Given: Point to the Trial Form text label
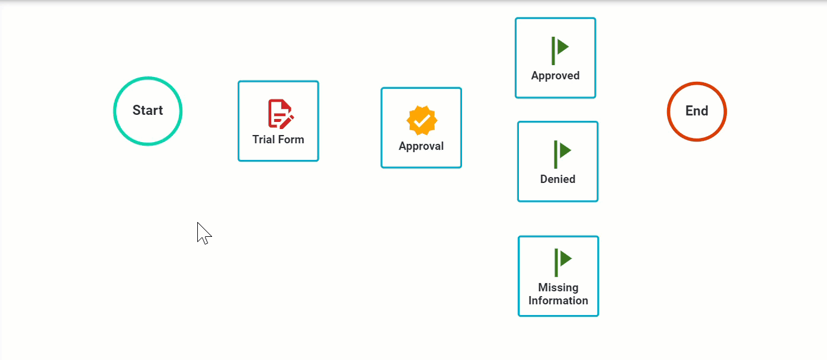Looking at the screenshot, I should coord(278,140).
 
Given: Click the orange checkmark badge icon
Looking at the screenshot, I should coord(422,121).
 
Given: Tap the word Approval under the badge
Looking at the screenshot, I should coord(421,146).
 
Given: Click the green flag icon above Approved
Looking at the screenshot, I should coord(559,50).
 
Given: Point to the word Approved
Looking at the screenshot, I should coord(555,76).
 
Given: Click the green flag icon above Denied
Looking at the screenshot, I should coord(562,153).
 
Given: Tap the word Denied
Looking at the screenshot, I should coord(557,179).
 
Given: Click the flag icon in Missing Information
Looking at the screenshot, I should coord(562,262).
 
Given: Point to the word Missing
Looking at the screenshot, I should coord(558,288).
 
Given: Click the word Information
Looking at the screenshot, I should coord(558,301).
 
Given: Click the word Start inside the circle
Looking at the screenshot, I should coord(148,111).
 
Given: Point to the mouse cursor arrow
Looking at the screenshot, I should coord(203,232).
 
